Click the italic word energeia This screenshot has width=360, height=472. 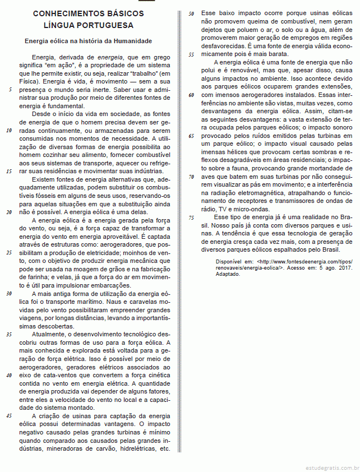(111, 58)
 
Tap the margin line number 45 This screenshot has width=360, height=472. (9, 416)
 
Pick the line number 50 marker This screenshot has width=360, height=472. (191, 13)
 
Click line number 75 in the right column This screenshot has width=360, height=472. (191, 217)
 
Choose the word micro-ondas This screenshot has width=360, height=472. (253, 209)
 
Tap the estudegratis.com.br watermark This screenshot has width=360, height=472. (333, 466)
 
